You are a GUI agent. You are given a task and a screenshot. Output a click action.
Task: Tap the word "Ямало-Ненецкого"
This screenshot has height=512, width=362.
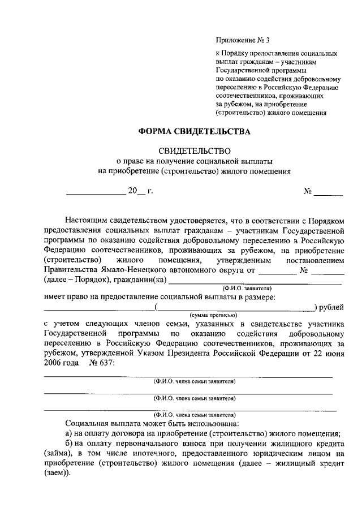131,270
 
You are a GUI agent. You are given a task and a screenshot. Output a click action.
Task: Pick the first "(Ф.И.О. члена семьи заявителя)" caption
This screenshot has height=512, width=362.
195,381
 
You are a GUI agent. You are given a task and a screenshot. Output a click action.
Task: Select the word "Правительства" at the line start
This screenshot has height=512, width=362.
70,270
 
